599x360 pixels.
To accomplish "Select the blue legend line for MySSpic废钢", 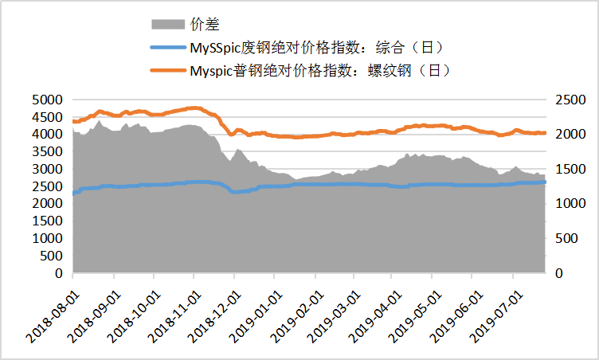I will tap(167, 49).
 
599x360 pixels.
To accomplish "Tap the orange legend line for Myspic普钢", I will tap(167, 71).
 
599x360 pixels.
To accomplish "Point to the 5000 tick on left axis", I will tap(47, 100).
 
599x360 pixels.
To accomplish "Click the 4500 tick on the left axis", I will tap(47, 117).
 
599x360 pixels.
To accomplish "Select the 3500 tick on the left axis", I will tap(47, 151).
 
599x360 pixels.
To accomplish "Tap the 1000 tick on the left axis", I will tap(47, 238).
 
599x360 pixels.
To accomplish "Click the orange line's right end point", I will tap(545, 133).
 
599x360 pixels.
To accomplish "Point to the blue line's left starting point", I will tap(73, 193).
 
